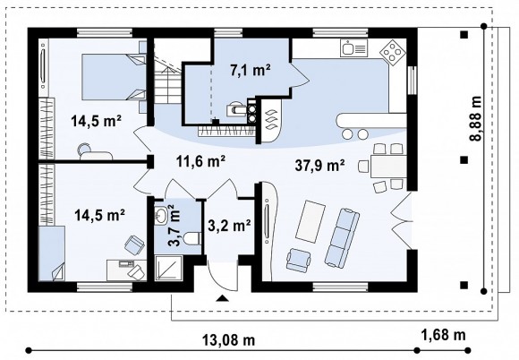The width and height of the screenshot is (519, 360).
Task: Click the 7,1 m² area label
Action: (x=251, y=71)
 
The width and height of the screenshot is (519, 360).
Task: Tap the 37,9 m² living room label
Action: (x=320, y=166)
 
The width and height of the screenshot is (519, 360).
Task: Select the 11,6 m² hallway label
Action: (x=201, y=161)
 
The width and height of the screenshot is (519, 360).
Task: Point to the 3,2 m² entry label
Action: (x=229, y=226)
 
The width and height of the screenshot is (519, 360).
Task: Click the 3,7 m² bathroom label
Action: (x=174, y=226)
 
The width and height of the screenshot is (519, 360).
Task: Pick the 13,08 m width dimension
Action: (x=228, y=340)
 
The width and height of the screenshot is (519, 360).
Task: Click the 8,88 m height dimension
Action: (x=476, y=118)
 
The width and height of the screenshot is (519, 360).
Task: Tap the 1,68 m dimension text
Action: (x=443, y=335)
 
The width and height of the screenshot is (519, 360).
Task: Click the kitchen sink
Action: (x=353, y=48)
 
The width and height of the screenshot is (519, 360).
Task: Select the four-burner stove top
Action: (x=393, y=53)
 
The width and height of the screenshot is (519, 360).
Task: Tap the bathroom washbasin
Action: (x=162, y=216)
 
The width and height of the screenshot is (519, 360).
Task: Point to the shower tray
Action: (x=169, y=268)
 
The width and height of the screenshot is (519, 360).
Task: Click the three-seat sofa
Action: (x=342, y=238)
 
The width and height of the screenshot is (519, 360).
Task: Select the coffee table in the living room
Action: (x=311, y=221)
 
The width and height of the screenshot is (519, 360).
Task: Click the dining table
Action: (x=388, y=167)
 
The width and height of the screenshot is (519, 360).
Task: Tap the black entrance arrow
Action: (x=223, y=298)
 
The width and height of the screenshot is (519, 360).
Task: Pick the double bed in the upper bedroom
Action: (x=114, y=77)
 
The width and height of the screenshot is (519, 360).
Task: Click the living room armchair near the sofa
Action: (x=299, y=260)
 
